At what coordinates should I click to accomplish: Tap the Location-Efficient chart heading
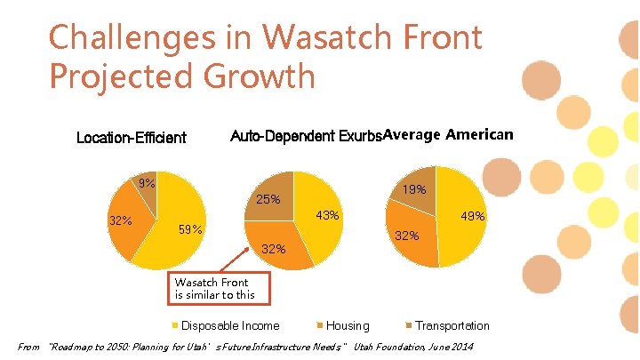pyautogui.click(x=132, y=137)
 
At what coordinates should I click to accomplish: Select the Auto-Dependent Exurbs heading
pyautogui.click(x=306, y=136)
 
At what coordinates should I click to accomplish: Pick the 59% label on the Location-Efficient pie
pyautogui.click(x=190, y=230)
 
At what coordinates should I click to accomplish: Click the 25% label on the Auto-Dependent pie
pyautogui.click(x=268, y=200)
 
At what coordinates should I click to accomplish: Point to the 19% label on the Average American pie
pyautogui.click(x=414, y=189)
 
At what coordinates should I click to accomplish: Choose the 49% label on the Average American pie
pyautogui.click(x=472, y=216)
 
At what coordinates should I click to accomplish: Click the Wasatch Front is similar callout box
pyautogui.click(x=215, y=289)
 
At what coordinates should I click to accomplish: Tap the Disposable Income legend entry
pyautogui.click(x=229, y=325)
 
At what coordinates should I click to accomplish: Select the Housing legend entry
pyautogui.click(x=347, y=325)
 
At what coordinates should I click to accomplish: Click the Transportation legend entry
pyautogui.click(x=452, y=325)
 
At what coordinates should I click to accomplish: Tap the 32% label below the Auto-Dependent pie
pyautogui.click(x=273, y=249)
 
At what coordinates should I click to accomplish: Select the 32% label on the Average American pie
pyautogui.click(x=407, y=236)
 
